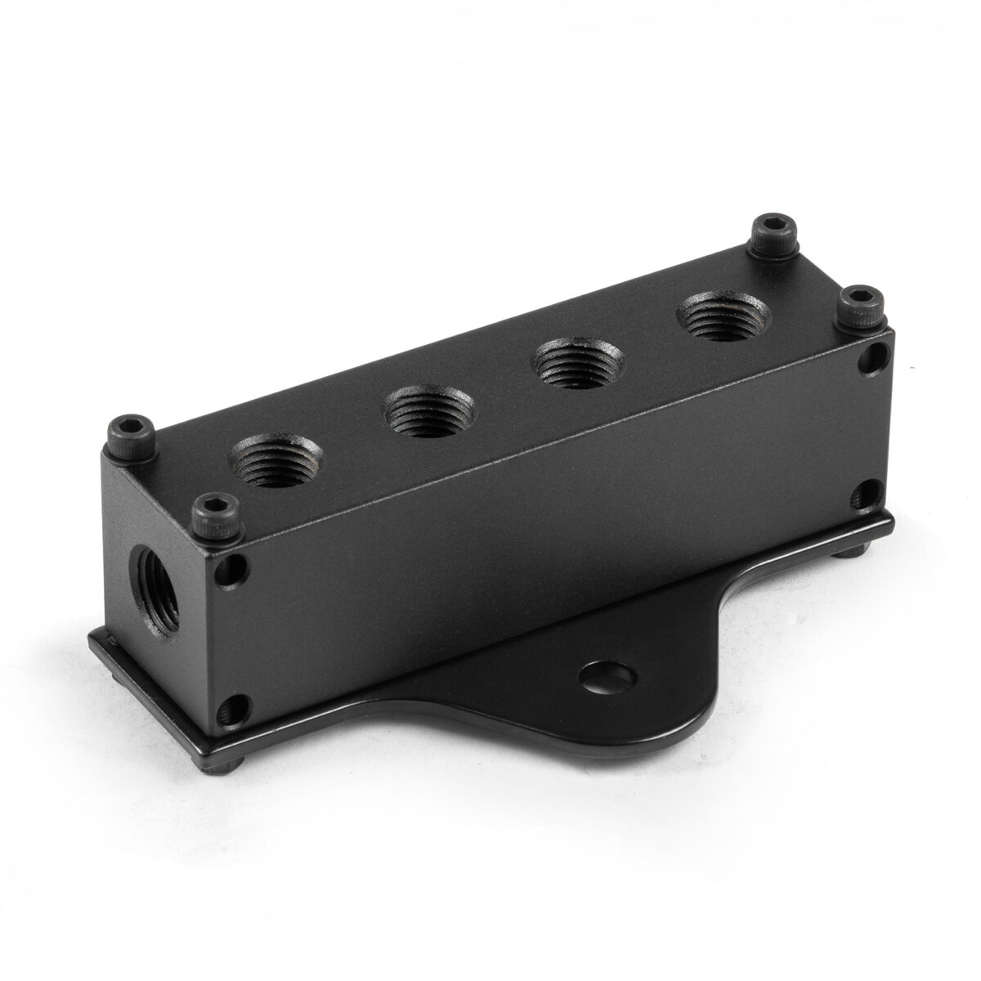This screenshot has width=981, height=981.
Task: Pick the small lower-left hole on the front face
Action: pos(237,705)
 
